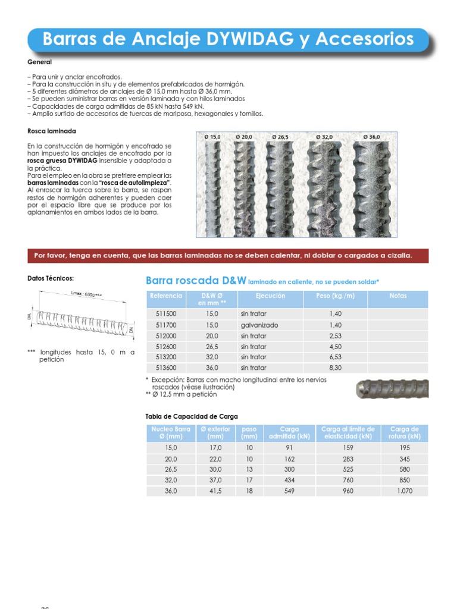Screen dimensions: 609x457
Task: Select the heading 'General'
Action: (40, 62)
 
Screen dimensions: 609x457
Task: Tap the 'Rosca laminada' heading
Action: (52, 131)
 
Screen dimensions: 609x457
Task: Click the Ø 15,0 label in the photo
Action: (212, 137)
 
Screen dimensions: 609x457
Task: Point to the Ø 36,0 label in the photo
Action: (371, 137)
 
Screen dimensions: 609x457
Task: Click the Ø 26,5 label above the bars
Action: (280, 137)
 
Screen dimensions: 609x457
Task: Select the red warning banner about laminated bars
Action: (228, 256)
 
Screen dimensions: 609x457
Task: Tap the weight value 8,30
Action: (335, 368)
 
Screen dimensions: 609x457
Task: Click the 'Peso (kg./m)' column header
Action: (335, 296)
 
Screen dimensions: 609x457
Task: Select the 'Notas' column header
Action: (397, 296)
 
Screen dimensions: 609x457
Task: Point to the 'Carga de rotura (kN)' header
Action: (406, 432)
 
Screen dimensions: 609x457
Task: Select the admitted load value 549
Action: (289, 491)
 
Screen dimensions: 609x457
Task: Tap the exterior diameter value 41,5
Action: (215, 491)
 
